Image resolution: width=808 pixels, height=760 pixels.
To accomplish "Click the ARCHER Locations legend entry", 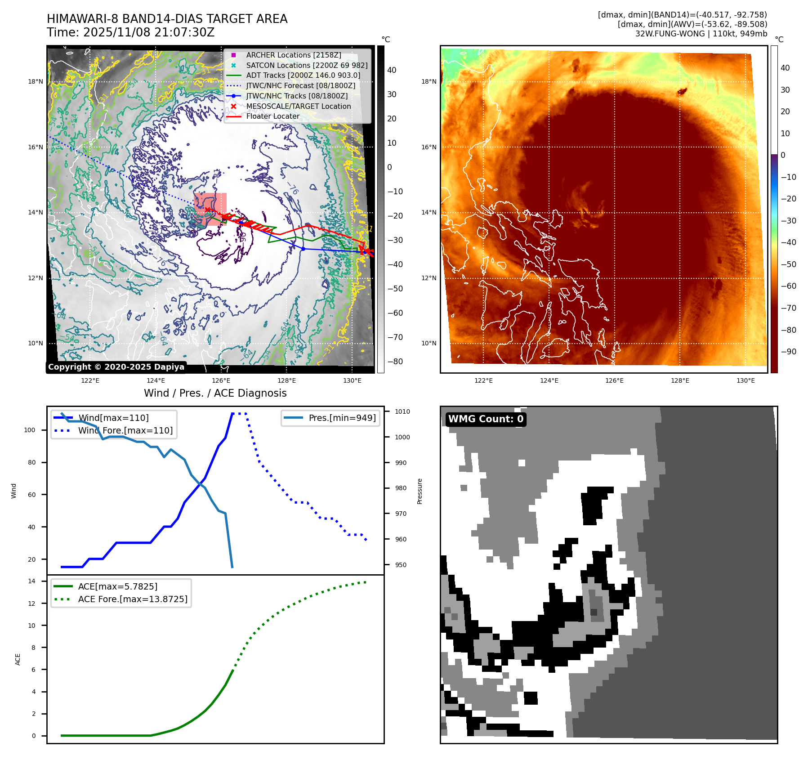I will pos(293,55).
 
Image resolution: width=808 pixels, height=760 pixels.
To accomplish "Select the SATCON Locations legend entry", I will pos(307,65).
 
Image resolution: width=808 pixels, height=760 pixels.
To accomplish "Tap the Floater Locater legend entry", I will pos(272,116).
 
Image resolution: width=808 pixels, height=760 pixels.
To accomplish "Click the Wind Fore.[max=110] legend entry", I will pos(125,430).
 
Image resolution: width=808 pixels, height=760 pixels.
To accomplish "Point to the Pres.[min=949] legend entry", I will pos(342,418).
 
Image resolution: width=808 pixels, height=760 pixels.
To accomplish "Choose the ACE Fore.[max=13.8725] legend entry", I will pos(133,599).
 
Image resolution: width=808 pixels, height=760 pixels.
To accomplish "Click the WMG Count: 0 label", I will pos(486,419).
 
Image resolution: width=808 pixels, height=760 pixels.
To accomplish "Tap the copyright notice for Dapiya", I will pos(116,367).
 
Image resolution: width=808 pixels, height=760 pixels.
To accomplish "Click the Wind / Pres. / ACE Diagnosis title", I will pos(215,393).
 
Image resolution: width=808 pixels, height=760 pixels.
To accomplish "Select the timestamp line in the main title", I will pos(130,32).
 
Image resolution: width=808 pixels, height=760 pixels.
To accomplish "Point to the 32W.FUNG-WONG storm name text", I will pos(670,34).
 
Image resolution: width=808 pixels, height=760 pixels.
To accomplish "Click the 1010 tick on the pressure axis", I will pos(402,411).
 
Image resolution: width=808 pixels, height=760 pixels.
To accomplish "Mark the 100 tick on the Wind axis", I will pos(30,430).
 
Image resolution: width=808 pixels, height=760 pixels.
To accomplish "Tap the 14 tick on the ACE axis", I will pos(32,581).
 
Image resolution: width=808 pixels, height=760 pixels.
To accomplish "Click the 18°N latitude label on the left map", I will pos(36,81).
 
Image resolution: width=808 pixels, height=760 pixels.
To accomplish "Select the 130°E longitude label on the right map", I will pos(746,380).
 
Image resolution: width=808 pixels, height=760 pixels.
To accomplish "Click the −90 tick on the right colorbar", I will pos(788,352).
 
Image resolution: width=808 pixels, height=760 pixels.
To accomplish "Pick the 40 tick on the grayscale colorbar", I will pos(392,70).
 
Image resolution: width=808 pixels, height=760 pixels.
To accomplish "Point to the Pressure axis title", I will pos(420,491).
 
